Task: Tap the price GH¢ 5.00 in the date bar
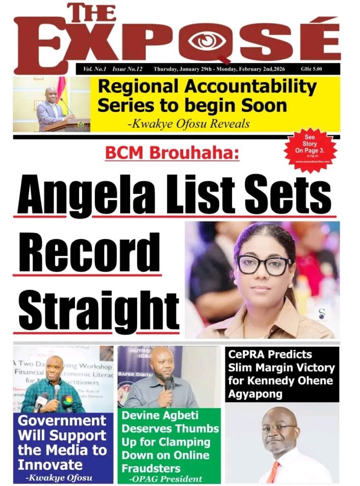pos(311,69)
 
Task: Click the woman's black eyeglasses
pos(264,264)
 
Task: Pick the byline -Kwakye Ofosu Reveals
pos(188,124)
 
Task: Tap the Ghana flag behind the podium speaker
pos(61,95)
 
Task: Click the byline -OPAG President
pos(166,478)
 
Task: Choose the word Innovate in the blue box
pos(50,464)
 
